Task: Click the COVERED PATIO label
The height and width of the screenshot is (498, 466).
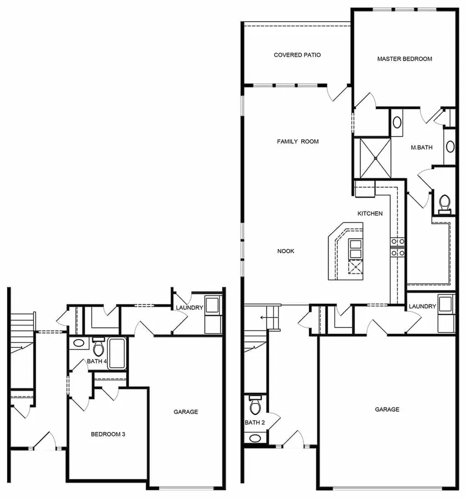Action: (x=297, y=55)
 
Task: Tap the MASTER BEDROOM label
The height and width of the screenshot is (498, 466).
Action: (x=405, y=59)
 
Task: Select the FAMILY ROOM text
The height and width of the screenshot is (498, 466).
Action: (x=297, y=142)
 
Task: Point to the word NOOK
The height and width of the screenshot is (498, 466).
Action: (x=286, y=251)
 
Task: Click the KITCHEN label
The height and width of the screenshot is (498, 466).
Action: (x=370, y=213)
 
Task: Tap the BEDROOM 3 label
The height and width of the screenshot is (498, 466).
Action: (x=108, y=434)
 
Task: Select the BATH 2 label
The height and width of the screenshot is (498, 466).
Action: (x=253, y=423)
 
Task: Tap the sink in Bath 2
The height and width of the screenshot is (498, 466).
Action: (x=254, y=438)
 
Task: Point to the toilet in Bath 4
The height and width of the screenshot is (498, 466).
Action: (x=99, y=346)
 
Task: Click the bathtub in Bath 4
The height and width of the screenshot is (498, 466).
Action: (x=117, y=353)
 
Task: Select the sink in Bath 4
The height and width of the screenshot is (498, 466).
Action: (x=79, y=343)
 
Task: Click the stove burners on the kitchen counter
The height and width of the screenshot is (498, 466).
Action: (x=398, y=246)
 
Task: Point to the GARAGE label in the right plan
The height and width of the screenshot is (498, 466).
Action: (x=387, y=410)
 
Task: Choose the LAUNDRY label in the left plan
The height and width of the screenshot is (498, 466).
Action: (x=189, y=308)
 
